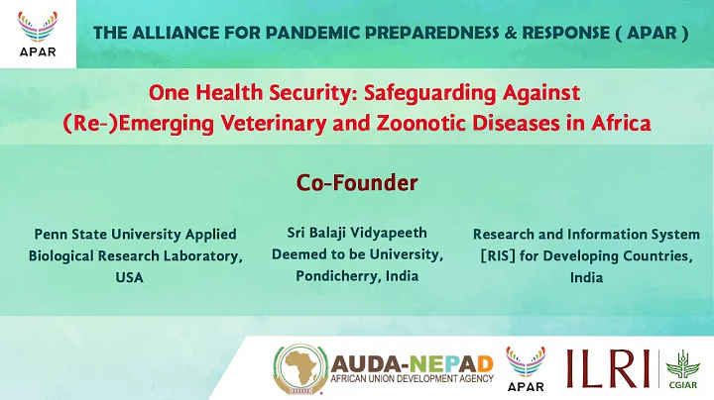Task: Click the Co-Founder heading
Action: coord(357,183)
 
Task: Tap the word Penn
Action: coord(51,235)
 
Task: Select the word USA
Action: coord(129,278)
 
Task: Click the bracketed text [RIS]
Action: coord(500,256)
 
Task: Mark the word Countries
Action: coord(654,256)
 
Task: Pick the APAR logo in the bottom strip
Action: coord(524,366)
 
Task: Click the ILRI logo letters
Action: coord(608,367)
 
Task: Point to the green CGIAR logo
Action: coord(680,367)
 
